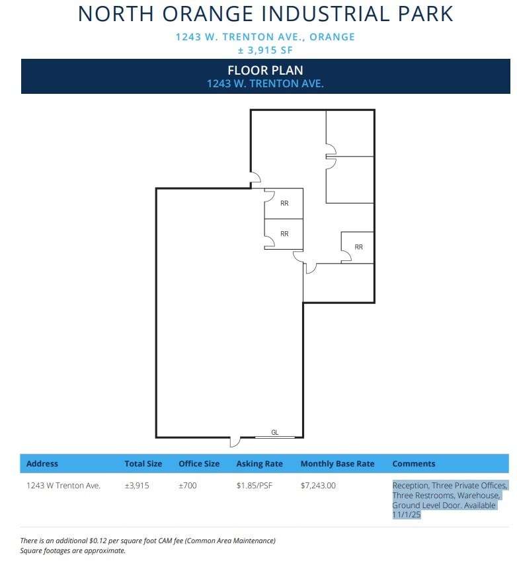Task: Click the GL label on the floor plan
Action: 275,432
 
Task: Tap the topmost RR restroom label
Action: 284,204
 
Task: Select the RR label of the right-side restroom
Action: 358,247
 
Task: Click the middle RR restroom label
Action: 284,234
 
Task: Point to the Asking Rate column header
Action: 259,464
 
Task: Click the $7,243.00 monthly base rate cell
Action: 318,486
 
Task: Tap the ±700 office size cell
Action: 188,486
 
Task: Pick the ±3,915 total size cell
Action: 137,486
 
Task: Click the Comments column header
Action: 414,464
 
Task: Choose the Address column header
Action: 42,464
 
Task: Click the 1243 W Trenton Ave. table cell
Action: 63,486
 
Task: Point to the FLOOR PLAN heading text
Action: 265,71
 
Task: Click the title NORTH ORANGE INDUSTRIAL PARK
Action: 265,14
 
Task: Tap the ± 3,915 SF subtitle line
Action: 265,50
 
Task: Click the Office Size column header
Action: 199,464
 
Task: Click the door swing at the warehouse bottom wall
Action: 235,441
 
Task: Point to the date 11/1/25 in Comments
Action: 407,514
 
